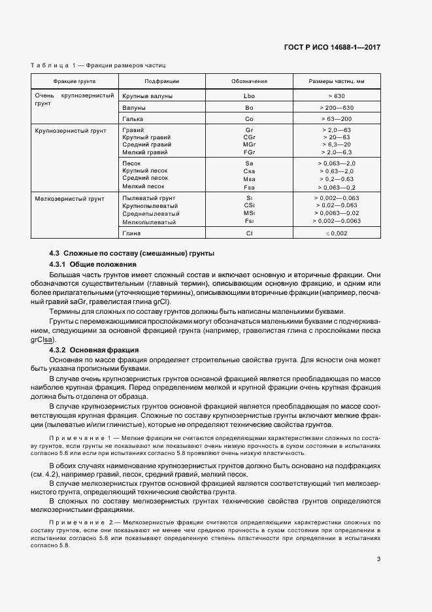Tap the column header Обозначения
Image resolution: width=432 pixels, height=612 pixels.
249,82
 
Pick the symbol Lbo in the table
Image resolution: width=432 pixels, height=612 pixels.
249,95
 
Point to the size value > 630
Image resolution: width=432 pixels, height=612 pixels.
337,95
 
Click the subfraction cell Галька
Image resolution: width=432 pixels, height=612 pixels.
133,119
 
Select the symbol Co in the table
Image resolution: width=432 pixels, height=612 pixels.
249,119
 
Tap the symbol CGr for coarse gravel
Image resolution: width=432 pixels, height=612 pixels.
249,138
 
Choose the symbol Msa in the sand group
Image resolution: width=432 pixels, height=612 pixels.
249,178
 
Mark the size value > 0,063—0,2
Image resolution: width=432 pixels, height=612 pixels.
337,186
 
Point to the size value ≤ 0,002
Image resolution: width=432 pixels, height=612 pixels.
337,233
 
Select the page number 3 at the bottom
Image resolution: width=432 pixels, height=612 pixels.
378,558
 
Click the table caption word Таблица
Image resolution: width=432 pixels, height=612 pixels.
50,65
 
